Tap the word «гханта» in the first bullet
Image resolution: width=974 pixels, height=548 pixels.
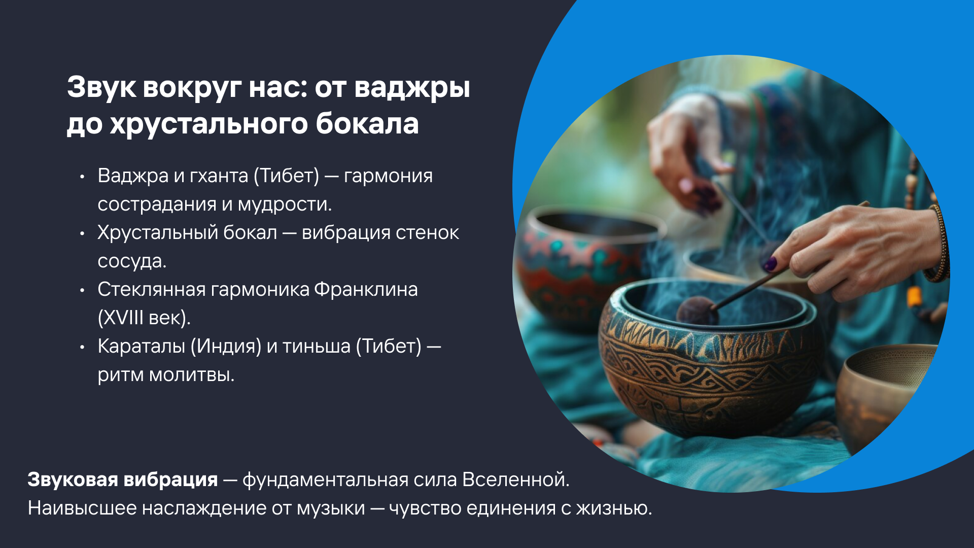[219, 176]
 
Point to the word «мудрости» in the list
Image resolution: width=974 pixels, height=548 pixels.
[285, 204]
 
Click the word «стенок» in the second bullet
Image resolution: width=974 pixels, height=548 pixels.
[427, 233]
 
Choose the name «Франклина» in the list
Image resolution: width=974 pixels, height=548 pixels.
[366, 290]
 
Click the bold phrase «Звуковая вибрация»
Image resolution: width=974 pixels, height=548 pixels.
[123, 479]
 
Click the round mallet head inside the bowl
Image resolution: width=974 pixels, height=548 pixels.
[698, 311]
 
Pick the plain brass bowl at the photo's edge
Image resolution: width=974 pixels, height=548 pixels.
[883, 396]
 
